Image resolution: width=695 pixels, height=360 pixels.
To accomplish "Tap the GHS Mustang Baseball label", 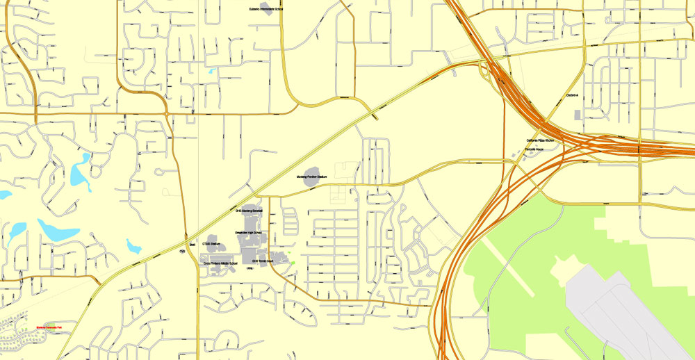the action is (x=249, y=211).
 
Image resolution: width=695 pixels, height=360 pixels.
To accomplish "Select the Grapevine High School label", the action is (x=247, y=233).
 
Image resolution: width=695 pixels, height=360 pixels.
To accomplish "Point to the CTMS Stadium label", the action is (x=211, y=244).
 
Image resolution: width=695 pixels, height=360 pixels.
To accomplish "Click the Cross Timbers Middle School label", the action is (x=220, y=264).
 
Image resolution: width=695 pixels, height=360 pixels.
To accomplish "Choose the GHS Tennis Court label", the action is (x=264, y=261).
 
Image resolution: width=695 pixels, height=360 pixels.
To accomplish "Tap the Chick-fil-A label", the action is (x=572, y=95).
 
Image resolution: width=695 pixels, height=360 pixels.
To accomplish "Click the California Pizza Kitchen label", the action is (x=540, y=140).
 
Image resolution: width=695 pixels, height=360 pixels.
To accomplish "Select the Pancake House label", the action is (x=534, y=149).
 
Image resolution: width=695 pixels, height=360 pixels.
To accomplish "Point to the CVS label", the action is (x=183, y=251).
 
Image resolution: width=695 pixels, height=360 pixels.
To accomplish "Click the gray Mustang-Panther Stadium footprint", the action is (x=310, y=171).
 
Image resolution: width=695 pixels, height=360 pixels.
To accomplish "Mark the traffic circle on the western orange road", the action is (x=167, y=113).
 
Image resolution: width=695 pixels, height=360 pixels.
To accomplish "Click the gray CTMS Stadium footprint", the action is (x=211, y=239).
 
